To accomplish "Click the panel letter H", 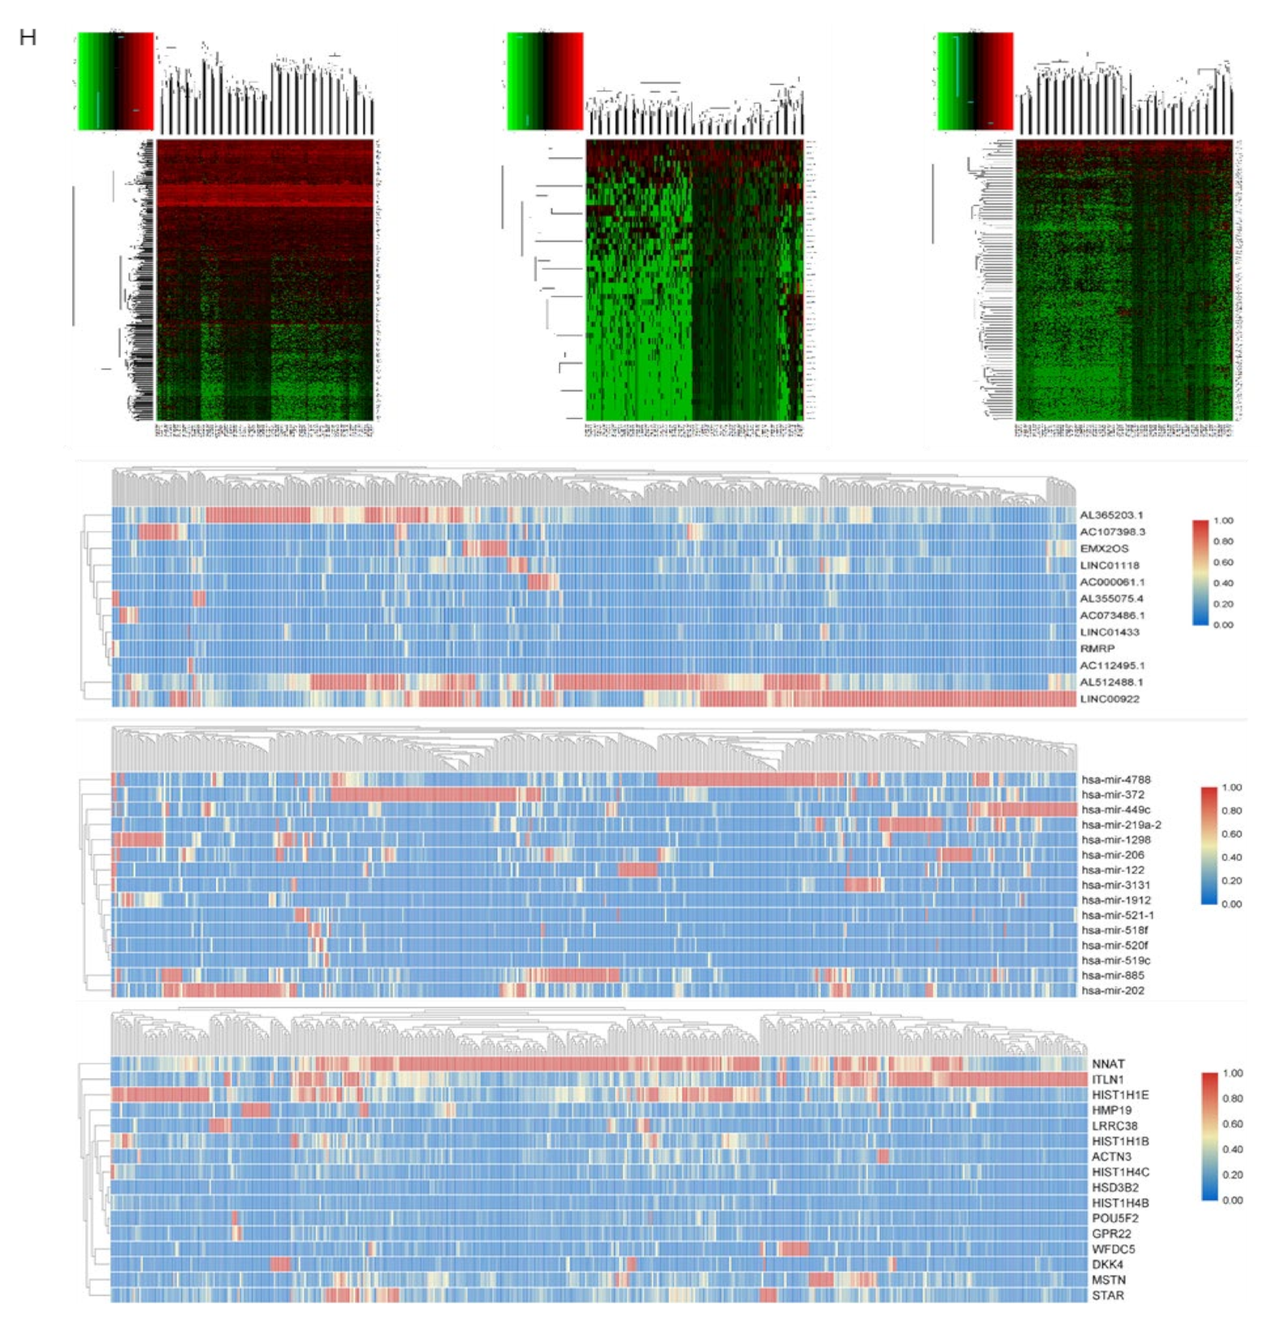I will tap(27, 38).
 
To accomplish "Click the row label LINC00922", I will tap(1110, 698).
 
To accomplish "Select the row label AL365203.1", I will tap(1111, 515).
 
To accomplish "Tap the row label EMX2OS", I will tap(1104, 549).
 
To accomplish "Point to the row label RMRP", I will tap(1097, 648).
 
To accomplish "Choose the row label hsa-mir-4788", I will tap(1116, 779).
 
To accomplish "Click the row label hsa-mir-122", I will tap(1113, 870).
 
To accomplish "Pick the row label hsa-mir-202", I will tap(1113, 990).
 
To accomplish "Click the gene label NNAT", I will tap(1108, 1064).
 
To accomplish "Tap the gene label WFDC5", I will tap(1113, 1249).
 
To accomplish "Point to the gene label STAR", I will tap(1107, 1295).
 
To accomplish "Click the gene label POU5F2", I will tap(1115, 1218).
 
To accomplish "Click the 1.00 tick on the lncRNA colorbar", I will tap(1224, 520).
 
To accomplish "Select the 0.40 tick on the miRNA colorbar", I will tap(1232, 857).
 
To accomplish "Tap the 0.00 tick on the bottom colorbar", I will tap(1233, 1200).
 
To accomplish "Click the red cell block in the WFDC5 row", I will tap(795, 1249).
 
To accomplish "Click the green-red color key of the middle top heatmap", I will tap(545, 81).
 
